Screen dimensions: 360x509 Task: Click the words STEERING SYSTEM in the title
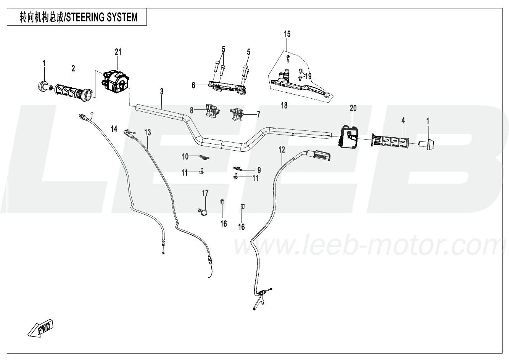[x=102, y=18]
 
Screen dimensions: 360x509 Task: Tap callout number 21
[x=118, y=51]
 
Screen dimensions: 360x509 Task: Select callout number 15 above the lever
[x=287, y=34]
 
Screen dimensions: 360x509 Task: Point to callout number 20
[x=353, y=108]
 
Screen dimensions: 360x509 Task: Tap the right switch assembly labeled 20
[x=348, y=136]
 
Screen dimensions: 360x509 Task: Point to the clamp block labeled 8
[x=211, y=111]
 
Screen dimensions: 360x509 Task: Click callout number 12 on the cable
[x=282, y=150]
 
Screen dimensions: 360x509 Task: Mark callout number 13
[x=148, y=132]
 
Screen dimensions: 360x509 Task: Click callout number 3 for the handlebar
[x=162, y=92]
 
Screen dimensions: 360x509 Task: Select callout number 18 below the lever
[x=284, y=106]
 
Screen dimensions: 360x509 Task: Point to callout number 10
[x=185, y=156]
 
